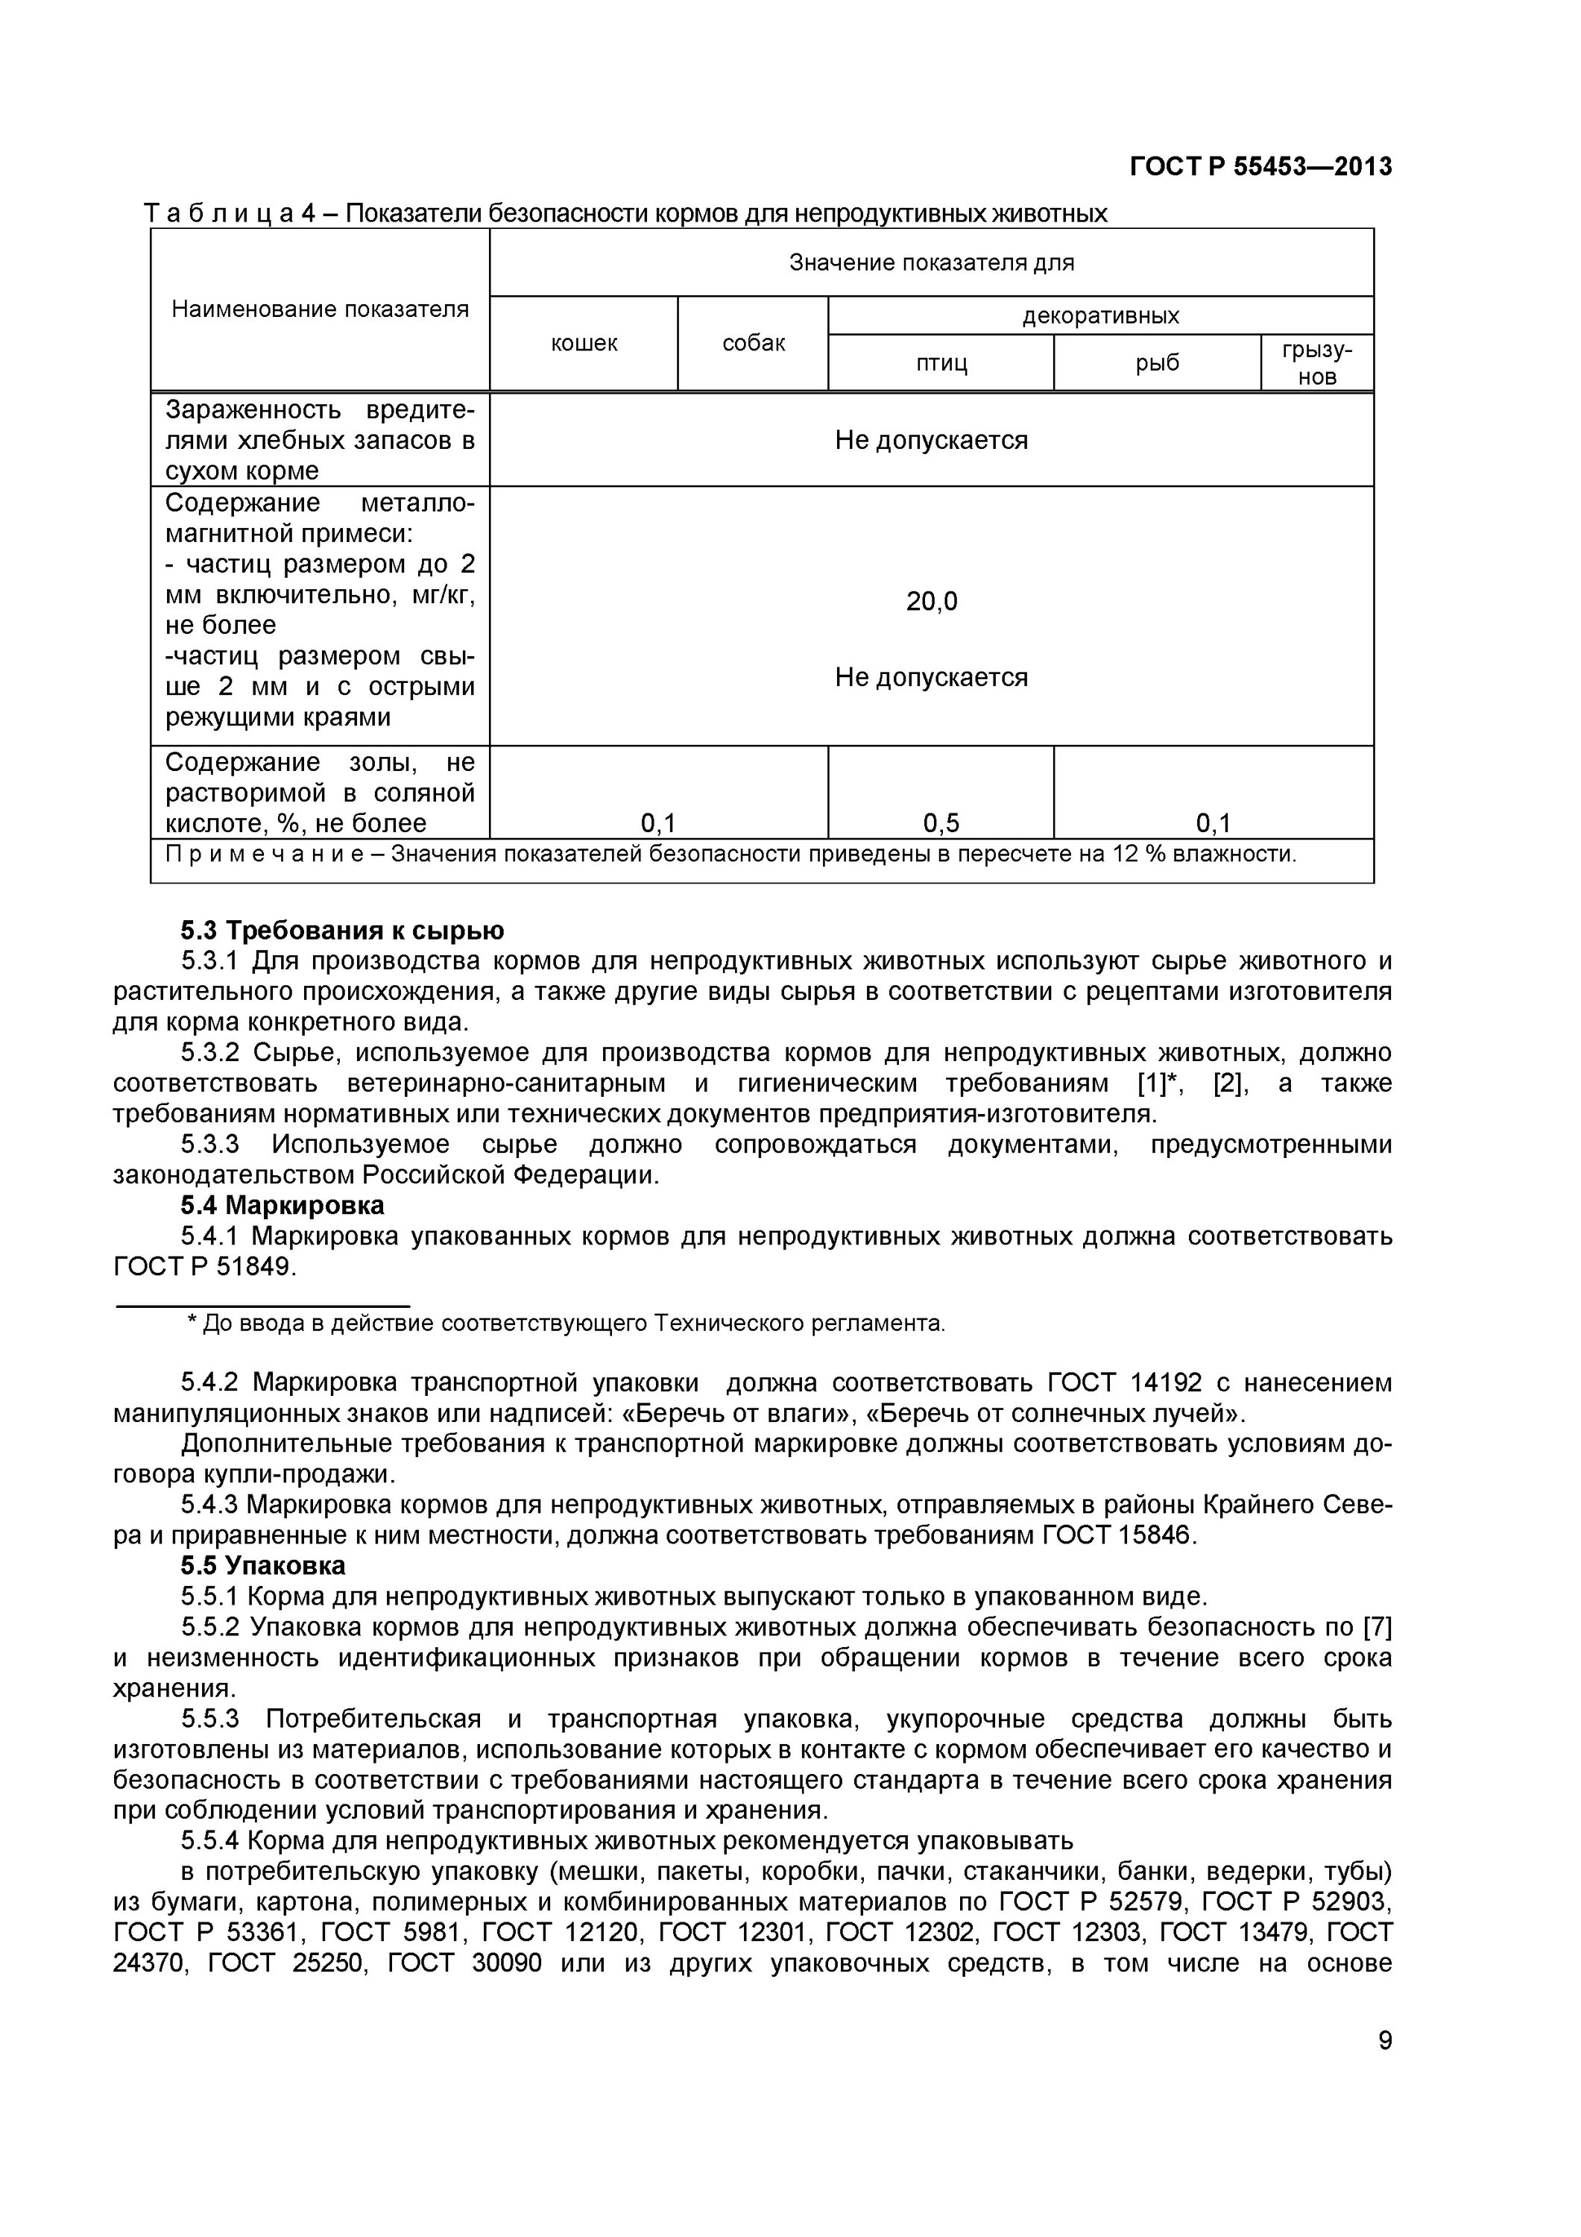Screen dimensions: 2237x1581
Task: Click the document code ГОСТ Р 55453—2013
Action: tap(1260, 166)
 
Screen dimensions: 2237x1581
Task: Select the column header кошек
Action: tap(584, 343)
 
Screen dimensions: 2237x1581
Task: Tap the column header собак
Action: tap(753, 343)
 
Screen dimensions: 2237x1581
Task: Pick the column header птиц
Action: tap(941, 362)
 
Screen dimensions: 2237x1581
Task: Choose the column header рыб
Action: tap(1158, 362)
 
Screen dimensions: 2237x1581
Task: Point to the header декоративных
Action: tap(1101, 315)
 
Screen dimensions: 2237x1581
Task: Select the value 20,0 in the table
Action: tap(931, 601)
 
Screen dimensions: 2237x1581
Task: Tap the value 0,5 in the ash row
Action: tap(941, 823)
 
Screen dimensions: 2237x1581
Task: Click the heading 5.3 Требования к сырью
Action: tap(342, 931)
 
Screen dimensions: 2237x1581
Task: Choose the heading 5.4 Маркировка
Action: tap(283, 1205)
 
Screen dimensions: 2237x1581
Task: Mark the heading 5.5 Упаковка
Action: tap(263, 1566)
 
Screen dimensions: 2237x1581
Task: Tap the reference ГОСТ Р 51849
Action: tap(203, 1267)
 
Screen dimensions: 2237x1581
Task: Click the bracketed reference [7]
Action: tap(1377, 1627)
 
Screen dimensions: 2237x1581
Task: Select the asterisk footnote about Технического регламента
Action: tap(565, 1323)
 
